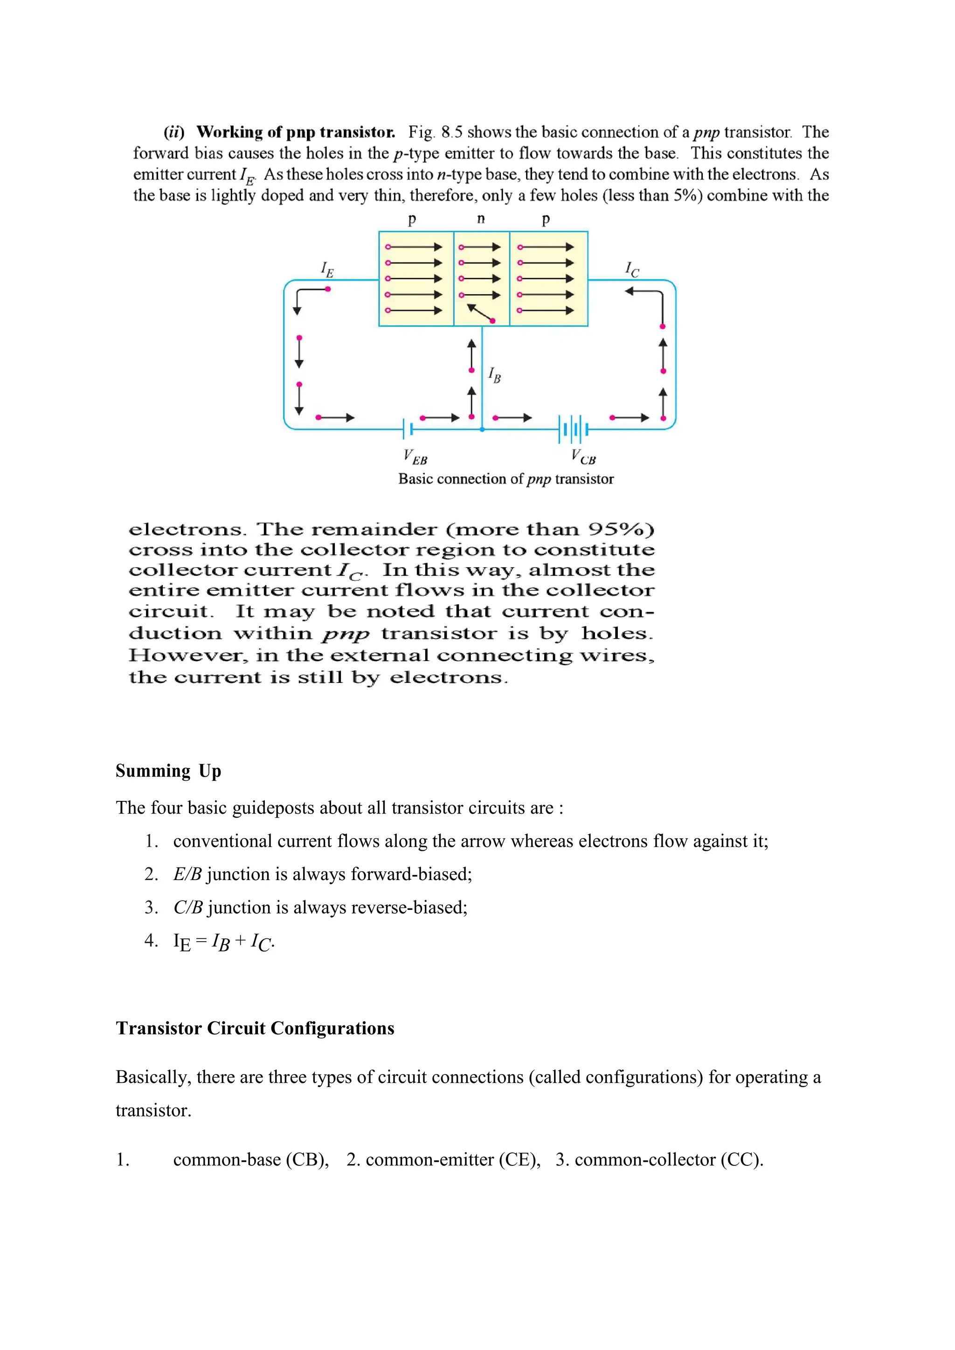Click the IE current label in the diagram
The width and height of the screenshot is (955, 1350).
(x=327, y=270)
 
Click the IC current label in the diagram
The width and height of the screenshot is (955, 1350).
(x=631, y=270)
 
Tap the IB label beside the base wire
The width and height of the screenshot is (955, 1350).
(x=495, y=375)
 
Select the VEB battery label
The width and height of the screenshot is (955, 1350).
(x=415, y=457)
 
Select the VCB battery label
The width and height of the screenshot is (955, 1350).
(x=583, y=457)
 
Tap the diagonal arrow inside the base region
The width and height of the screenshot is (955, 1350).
(x=480, y=313)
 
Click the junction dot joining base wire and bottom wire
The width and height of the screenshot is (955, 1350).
(x=482, y=430)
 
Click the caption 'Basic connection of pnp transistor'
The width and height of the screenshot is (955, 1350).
(x=506, y=479)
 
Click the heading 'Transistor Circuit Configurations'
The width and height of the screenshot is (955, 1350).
(x=255, y=1028)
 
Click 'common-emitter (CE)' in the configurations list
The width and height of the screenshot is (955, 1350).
(x=452, y=1160)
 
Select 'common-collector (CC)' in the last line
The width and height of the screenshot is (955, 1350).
(x=669, y=1160)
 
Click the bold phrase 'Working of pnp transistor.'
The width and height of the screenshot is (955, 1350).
(x=295, y=132)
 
